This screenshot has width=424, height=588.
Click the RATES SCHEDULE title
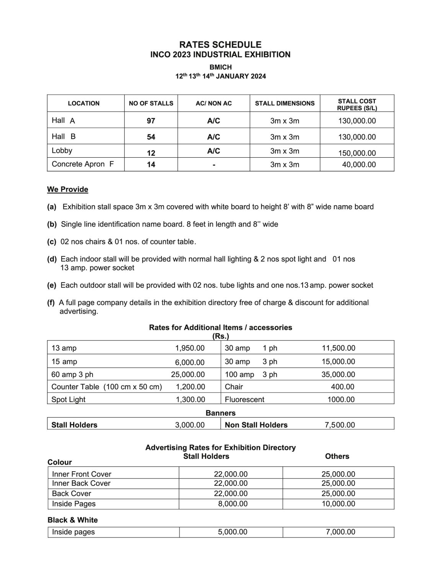coord(220,45)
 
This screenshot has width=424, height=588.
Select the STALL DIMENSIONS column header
coord(285,103)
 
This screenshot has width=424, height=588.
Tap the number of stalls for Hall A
coord(151,121)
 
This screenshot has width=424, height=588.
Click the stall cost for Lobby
coord(357,153)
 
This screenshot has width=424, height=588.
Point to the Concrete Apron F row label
coord(83,164)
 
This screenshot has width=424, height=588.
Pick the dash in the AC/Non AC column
coord(214,165)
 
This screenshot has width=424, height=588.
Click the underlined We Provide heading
coord(68,189)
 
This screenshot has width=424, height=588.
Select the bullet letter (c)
coord(52,242)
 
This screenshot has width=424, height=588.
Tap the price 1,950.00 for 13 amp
coord(190,348)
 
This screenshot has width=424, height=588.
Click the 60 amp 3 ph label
coord(72,374)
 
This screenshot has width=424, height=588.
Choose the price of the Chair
coord(342,387)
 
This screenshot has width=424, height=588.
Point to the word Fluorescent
coord(245,399)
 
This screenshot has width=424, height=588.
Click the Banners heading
coord(220,413)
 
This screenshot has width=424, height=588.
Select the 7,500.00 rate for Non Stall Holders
coord(339,425)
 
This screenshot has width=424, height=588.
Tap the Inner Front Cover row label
coord(82,474)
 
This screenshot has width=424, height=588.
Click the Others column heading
coord(337,456)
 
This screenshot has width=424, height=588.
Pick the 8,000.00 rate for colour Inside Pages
coord(233,504)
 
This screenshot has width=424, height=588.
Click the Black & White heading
coord(73,520)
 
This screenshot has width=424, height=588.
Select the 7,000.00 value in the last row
coord(340,532)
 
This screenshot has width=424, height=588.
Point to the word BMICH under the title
coord(220,67)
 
